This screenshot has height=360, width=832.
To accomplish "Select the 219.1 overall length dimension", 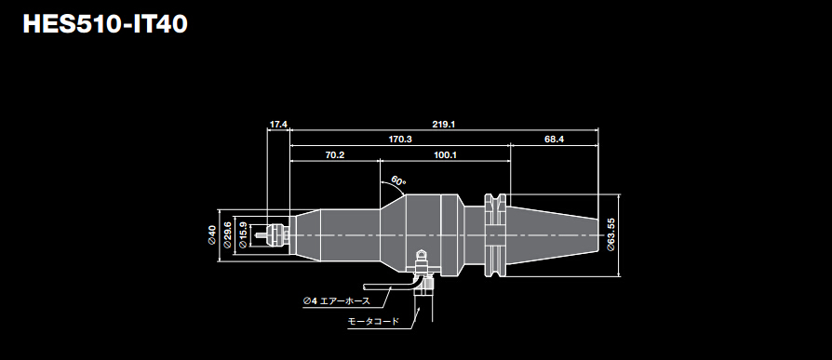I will [x=443, y=124].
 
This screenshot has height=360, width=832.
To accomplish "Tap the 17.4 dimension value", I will [x=278, y=124].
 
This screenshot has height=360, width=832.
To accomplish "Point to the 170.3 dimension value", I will [x=400, y=139].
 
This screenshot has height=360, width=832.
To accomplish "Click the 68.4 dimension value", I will [x=555, y=139].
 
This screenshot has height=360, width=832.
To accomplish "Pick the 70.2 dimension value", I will [x=335, y=154].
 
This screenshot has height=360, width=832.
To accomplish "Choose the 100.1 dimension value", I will [x=445, y=154].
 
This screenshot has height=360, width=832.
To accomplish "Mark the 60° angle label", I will [x=397, y=180].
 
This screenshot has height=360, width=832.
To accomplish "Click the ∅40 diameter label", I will [x=212, y=235].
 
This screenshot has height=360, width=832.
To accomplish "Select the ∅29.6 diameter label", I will [x=228, y=235].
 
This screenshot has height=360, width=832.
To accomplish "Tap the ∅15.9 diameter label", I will [x=244, y=235].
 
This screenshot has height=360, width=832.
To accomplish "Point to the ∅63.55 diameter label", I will [x=611, y=235].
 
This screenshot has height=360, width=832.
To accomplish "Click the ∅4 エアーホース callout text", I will [x=336, y=300].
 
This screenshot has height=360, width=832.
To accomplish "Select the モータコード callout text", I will [x=373, y=321].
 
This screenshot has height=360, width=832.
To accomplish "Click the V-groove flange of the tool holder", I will [x=496, y=234].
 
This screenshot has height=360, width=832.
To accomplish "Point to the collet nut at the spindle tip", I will [x=277, y=234].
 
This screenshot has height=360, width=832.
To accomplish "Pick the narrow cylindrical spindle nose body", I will [x=335, y=234].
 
